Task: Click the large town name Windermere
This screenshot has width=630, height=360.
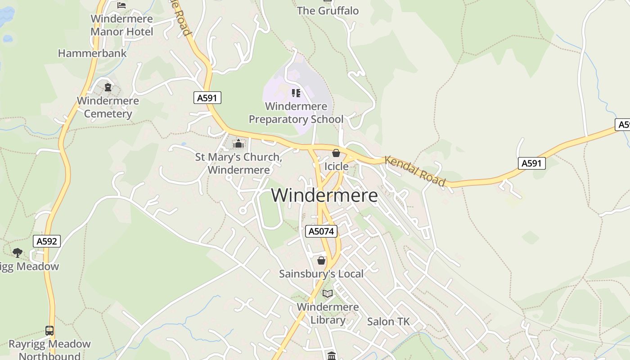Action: coord(324,196)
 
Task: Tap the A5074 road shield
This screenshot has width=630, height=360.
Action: coord(321,231)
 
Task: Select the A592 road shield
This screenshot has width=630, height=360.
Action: coord(47,241)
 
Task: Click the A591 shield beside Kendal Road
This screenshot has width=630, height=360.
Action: coord(531,163)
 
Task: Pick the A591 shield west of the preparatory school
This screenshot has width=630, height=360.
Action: coord(207,98)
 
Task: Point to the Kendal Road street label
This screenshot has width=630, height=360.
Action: coord(415,171)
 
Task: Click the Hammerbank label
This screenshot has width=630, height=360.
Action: coord(92,53)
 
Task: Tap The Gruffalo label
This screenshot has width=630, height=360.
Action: coord(328,11)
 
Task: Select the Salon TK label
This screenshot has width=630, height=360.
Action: coord(388,321)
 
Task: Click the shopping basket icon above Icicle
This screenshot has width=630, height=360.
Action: coord(336,153)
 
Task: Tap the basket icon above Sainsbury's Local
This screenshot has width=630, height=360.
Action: coord(321,261)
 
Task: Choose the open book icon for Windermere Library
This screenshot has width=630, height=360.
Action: coord(328,294)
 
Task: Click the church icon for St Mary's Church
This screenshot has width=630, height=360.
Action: coord(238,144)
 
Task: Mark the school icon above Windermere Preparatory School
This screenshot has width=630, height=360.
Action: coord(296,93)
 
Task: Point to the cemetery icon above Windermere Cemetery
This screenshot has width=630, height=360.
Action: coord(108,87)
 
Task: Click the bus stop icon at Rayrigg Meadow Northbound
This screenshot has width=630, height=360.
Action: coord(49,331)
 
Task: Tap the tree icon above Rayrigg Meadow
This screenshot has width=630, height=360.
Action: coord(18,253)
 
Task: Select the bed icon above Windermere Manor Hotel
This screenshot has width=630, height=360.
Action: coord(121,5)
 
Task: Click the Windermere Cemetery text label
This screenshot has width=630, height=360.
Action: coord(108,107)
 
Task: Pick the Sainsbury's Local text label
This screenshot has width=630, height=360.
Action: coord(321,274)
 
